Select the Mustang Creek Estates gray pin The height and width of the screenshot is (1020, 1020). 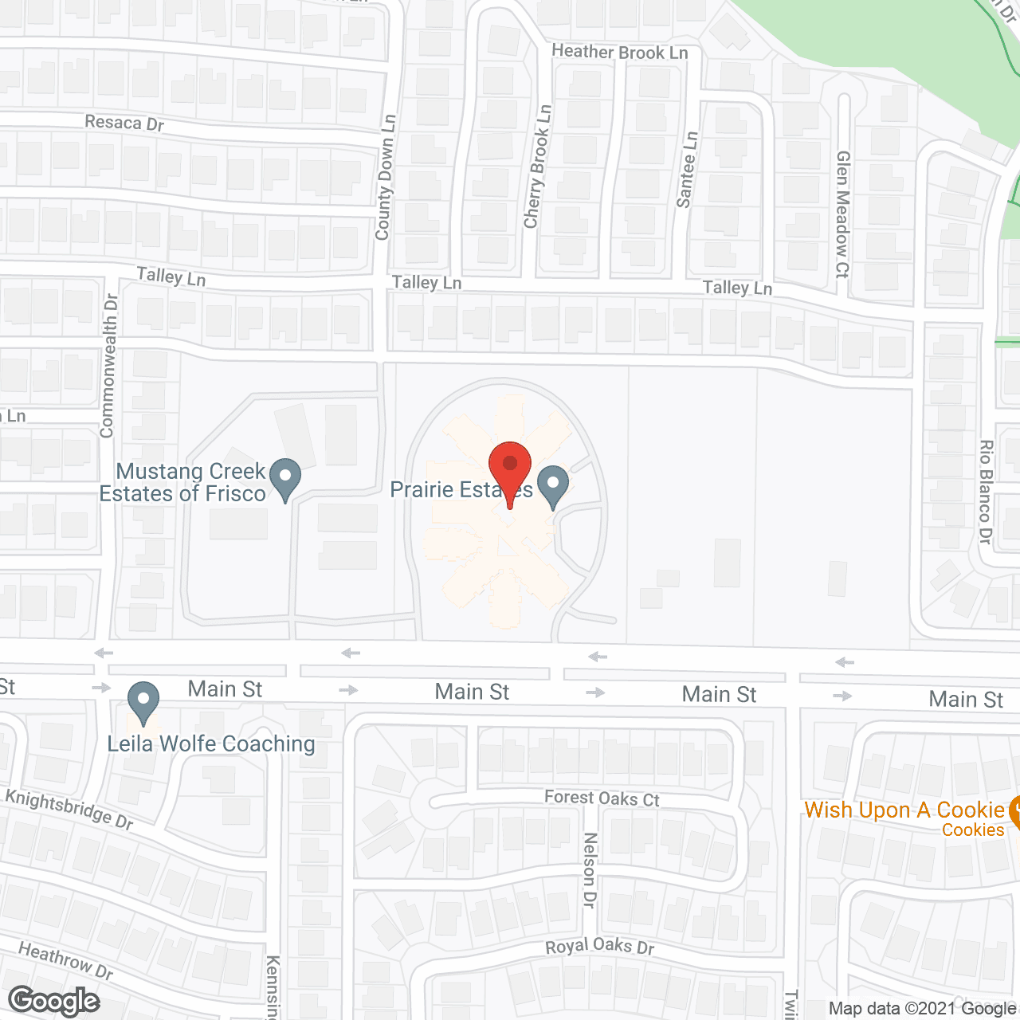pyautogui.click(x=284, y=477)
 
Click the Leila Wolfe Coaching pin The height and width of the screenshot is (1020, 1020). pyautogui.click(x=143, y=700)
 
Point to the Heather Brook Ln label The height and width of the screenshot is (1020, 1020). pyautogui.click(x=619, y=53)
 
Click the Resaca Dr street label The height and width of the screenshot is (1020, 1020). pyautogui.click(x=124, y=123)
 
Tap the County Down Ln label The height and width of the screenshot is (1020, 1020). pyautogui.click(x=386, y=178)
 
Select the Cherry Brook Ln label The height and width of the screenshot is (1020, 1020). pyautogui.click(x=537, y=167)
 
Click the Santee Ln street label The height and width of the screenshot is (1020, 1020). pyautogui.click(x=686, y=170)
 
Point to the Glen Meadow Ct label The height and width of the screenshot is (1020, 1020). pyautogui.click(x=842, y=214)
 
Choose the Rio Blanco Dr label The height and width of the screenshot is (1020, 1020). pyautogui.click(x=986, y=492)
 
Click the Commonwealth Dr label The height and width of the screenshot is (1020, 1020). pyautogui.click(x=108, y=365)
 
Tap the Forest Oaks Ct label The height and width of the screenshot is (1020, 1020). pyautogui.click(x=602, y=798)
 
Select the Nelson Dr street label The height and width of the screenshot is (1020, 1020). pyautogui.click(x=590, y=870)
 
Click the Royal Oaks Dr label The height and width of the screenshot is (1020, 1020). pyautogui.click(x=599, y=946)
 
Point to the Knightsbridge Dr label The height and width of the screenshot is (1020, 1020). pyautogui.click(x=69, y=808)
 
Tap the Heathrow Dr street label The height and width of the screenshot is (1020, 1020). pyautogui.click(x=65, y=960)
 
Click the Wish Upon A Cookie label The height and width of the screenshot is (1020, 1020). pyautogui.click(x=904, y=810)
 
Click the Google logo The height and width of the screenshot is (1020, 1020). pyautogui.click(x=54, y=1001)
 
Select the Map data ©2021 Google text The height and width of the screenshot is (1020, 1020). pyautogui.click(x=923, y=1009)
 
